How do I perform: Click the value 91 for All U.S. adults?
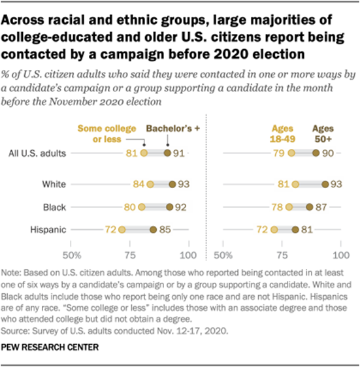pyautogui.click(x=181, y=153)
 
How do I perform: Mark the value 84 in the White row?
pyautogui.click(x=138, y=185)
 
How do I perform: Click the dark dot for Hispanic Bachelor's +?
pyautogui.click(x=154, y=229)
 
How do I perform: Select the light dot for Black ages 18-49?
pyautogui.click(x=289, y=207)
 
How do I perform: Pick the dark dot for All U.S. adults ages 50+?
pyautogui.click(x=316, y=153)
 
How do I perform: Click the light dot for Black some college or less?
pyautogui.click(x=142, y=207)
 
